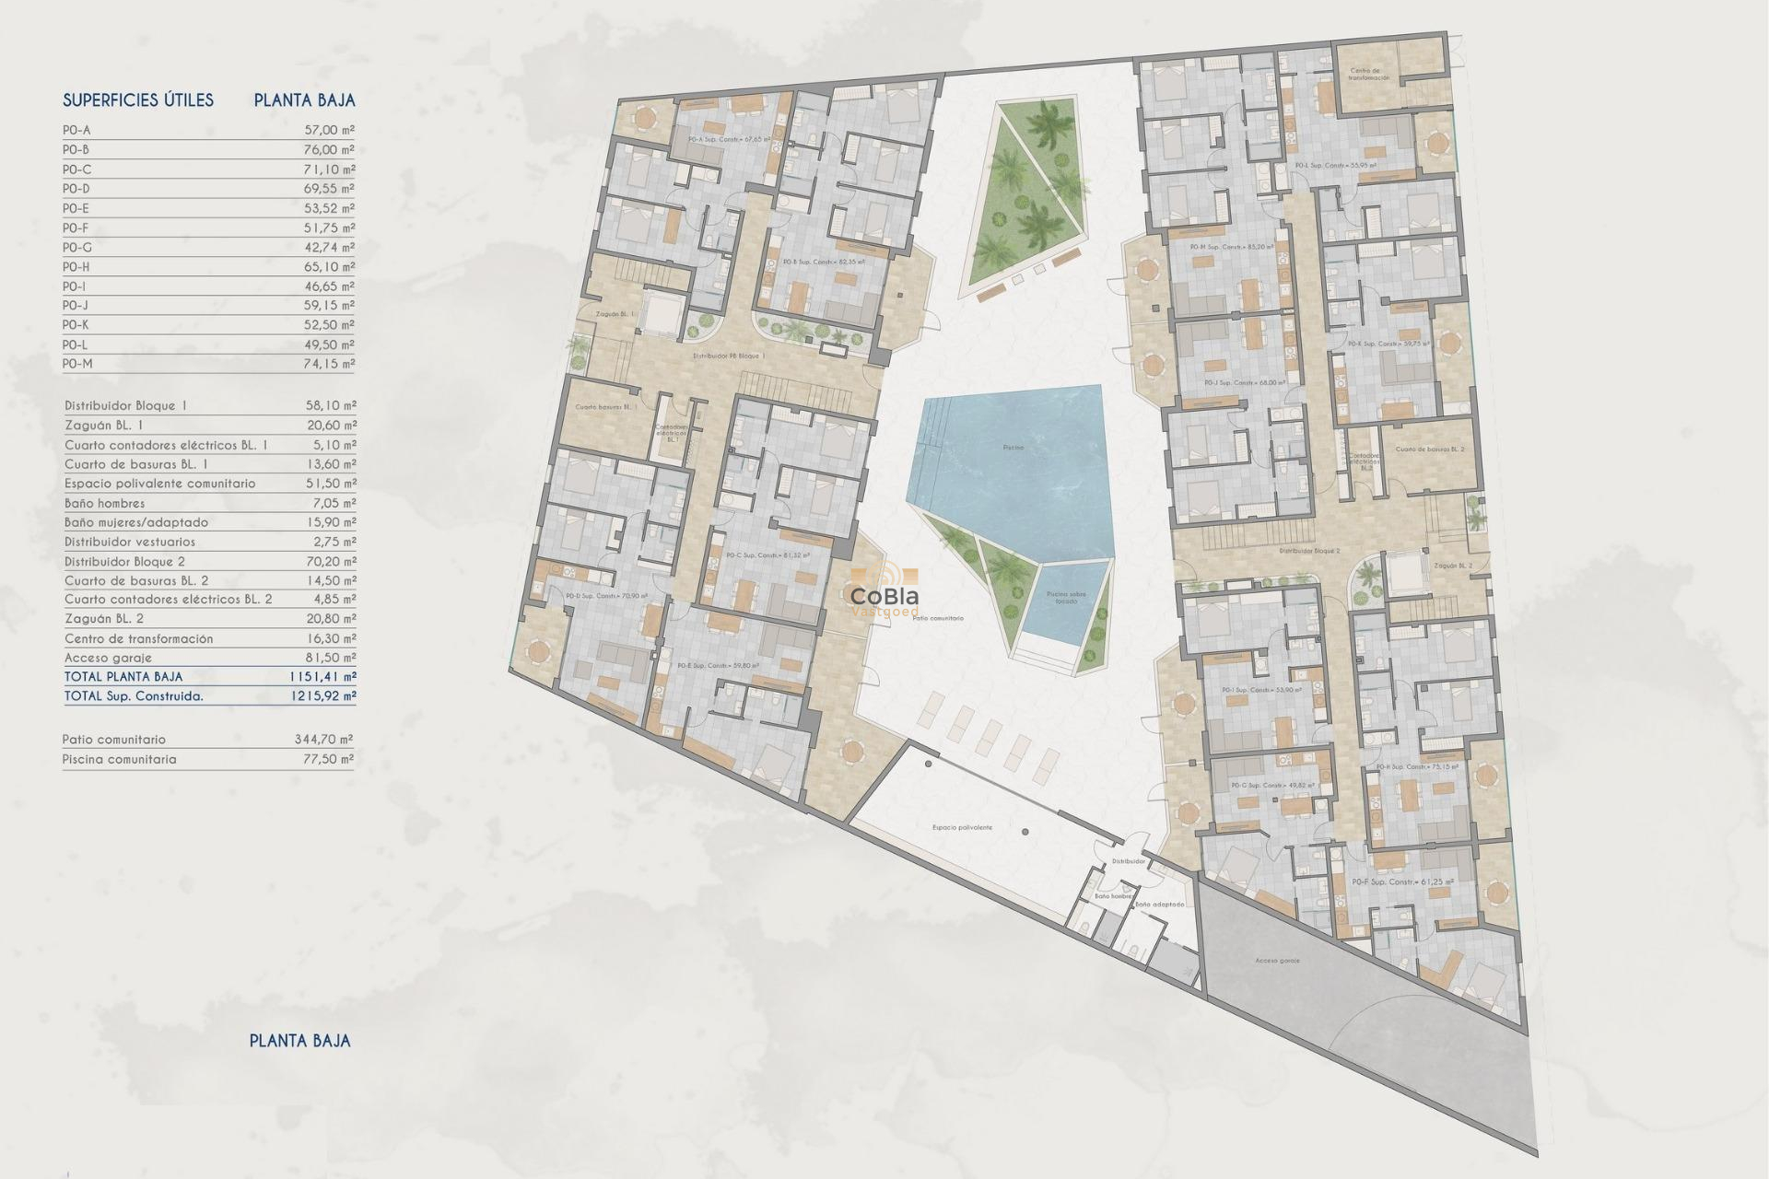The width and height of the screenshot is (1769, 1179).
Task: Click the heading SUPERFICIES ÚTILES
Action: click(138, 100)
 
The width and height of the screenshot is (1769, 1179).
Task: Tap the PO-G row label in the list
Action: click(77, 248)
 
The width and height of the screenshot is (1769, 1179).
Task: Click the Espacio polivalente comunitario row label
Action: click(159, 484)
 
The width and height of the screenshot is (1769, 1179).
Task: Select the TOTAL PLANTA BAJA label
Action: click(123, 677)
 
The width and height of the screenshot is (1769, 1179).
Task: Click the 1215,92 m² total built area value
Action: click(322, 696)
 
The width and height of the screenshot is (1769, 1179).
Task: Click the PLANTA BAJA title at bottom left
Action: click(300, 1041)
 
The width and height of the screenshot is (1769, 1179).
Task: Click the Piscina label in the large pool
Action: click(1013, 448)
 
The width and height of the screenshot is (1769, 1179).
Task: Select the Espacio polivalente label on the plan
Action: click(962, 828)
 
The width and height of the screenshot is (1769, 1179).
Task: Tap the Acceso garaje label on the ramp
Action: click(1277, 961)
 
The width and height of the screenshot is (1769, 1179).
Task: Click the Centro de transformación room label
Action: click(1369, 75)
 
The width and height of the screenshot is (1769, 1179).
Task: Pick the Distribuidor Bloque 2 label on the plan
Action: click(1308, 551)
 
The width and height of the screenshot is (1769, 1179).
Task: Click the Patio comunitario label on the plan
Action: click(937, 619)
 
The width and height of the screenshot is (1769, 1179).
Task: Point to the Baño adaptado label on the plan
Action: click(1159, 905)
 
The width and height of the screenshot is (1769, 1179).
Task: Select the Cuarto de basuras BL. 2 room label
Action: click(1429, 449)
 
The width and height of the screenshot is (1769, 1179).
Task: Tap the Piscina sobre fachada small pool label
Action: click(1066, 597)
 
